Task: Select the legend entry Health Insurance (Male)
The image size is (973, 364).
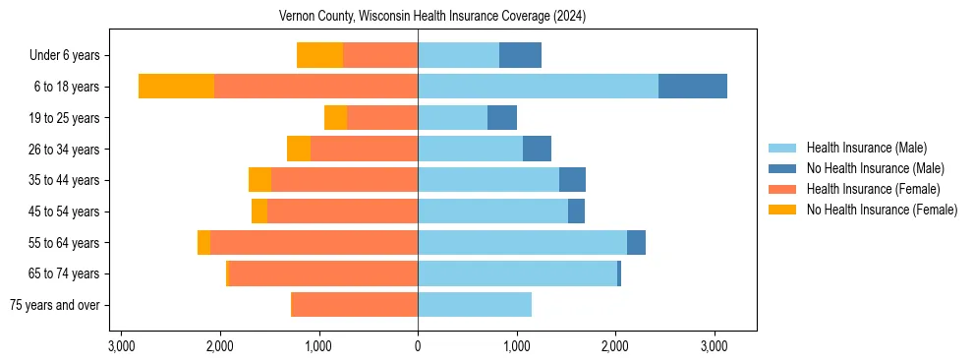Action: click(x=866, y=148)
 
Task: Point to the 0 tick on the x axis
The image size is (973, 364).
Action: click(x=418, y=346)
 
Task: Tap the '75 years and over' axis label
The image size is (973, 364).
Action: click(x=54, y=305)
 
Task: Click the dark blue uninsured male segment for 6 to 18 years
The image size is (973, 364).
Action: click(x=693, y=87)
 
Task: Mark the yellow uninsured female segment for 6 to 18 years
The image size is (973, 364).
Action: click(x=176, y=87)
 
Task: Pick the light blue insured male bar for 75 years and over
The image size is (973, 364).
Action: click(x=475, y=305)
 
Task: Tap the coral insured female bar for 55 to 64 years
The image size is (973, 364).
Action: click(x=315, y=243)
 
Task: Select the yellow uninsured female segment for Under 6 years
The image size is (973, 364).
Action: click(x=319, y=56)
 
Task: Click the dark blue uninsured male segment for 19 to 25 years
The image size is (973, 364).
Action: click(x=502, y=118)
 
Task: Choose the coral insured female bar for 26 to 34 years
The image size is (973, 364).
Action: click(x=364, y=150)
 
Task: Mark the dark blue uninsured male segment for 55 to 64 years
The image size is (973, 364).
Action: click(x=636, y=243)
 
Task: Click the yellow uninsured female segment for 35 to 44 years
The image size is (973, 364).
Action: click(x=259, y=180)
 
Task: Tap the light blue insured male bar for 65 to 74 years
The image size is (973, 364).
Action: click(x=517, y=273)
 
